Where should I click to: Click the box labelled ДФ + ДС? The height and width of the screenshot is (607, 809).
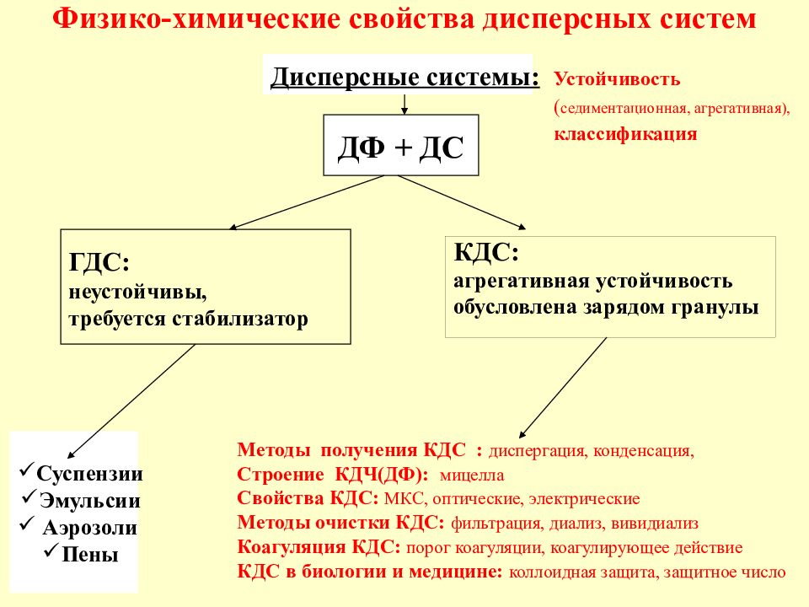pos(401,145)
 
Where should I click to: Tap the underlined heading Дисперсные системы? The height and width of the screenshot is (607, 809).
pos(405,78)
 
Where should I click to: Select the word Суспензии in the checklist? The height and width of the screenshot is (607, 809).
pos(89,474)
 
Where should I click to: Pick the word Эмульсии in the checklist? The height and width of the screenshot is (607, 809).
pos(90,501)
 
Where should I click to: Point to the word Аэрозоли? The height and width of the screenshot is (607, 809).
pos(90,528)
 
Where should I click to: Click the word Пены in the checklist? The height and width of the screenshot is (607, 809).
pos(90,555)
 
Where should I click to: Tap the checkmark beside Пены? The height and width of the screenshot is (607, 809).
pos(51,551)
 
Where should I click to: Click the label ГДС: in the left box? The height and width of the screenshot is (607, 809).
pos(99,262)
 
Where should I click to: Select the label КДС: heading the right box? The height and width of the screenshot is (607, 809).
pos(486,252)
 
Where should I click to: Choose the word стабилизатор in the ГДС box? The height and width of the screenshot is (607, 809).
pos(240,319)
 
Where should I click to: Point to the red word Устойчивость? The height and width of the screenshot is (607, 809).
pos(617,79)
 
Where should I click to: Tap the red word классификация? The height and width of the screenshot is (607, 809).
pos(625,134)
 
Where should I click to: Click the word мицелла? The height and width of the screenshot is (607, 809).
pos(472,475)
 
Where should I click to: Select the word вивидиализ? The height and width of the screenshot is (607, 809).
pos(654,524)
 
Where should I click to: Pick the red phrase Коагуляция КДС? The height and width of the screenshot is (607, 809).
pos(319,547)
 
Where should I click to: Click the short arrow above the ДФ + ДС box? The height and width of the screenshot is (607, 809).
pos(404,104)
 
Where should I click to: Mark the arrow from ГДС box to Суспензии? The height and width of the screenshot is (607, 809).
pos(131,401)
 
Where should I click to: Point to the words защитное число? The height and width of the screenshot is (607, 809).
pos(725,572)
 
